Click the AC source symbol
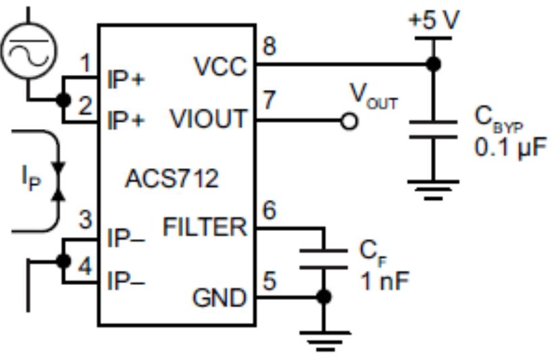click(29, 50)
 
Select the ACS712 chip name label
click(172, 180)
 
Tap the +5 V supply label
click(434, 20)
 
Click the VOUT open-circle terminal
click(349, 122)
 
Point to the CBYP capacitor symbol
click(433, 130)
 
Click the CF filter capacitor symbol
click(324, 259)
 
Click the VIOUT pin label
click(208, 120)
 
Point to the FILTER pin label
click(205, 228)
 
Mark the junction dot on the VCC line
click(433, 65)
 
